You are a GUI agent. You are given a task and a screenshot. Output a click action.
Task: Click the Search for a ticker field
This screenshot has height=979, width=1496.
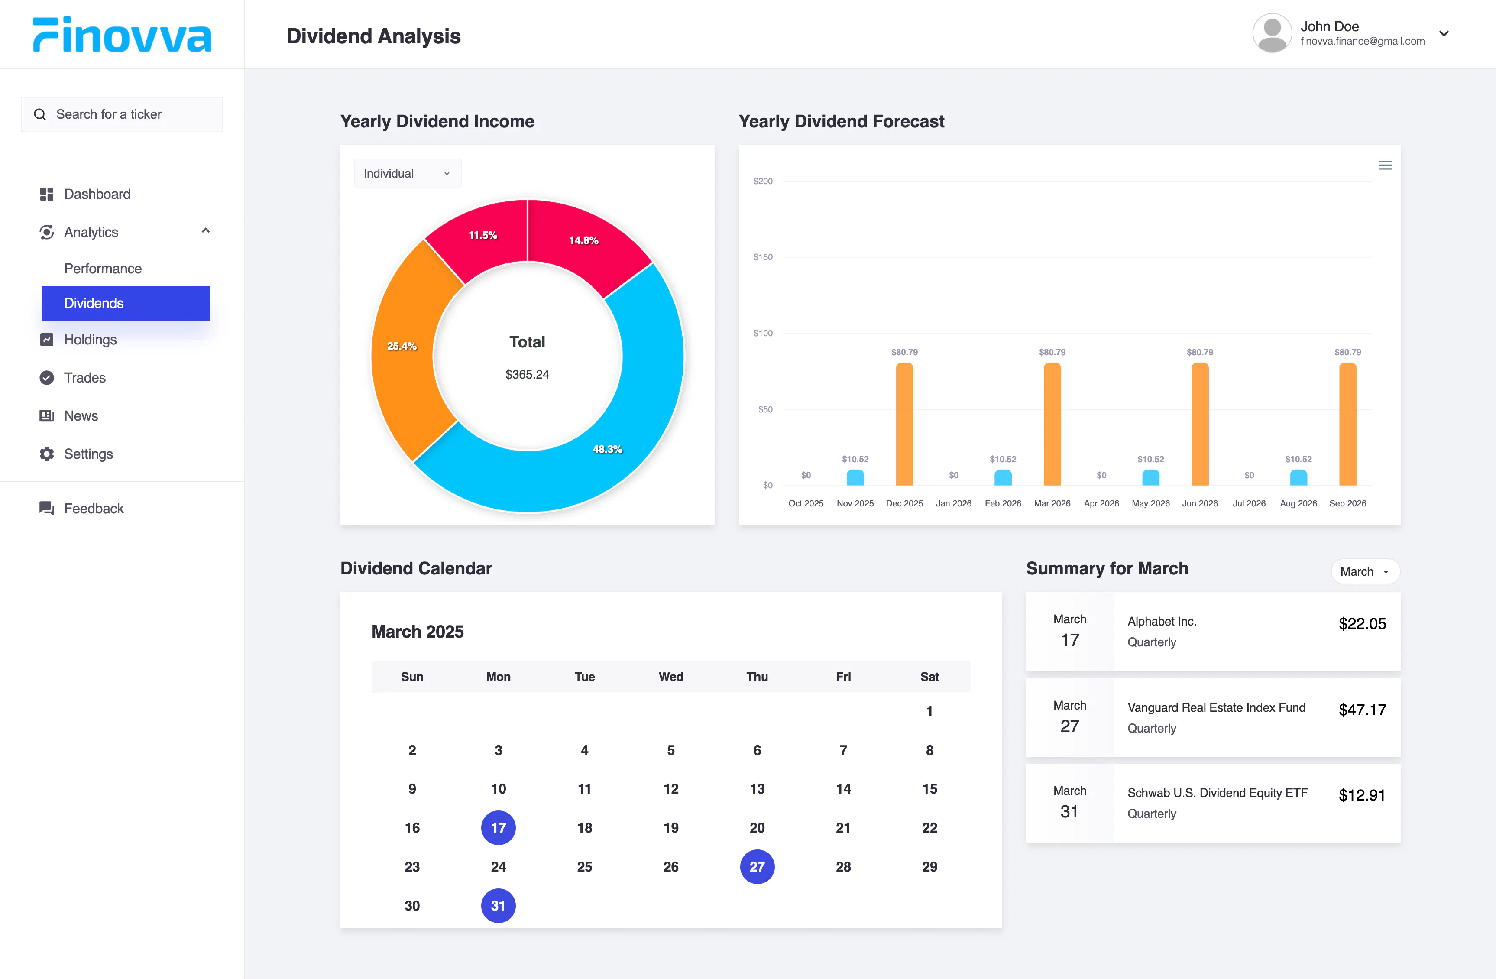click(122, 114)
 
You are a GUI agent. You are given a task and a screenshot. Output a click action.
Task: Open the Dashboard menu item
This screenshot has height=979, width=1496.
click(97, 194)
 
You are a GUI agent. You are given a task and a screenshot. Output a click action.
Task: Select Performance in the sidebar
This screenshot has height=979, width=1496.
click(103, 269)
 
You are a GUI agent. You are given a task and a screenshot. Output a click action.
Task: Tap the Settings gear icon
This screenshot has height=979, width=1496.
click(46, 454)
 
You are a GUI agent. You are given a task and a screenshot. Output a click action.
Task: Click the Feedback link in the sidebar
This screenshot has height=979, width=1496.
click(94, 508)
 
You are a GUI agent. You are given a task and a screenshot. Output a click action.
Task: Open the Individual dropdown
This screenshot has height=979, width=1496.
click(407, 174)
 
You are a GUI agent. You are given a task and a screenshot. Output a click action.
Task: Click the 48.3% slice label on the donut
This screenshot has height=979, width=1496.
click(607, 449)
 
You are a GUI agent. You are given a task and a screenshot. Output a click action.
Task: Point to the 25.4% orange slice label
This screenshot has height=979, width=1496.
click(402, 346)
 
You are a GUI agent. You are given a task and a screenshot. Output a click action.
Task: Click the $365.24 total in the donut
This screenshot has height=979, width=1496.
click(528, 374)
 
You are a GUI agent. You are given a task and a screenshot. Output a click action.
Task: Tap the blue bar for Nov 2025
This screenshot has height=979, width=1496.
click(855, 477)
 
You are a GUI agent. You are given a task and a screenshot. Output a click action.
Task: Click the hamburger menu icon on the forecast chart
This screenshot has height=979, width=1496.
click(1386, 165)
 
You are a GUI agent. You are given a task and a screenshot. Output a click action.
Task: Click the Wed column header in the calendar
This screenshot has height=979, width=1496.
click(670, 677)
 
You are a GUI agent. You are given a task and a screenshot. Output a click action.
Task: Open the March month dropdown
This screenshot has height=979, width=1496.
click(1365, 571)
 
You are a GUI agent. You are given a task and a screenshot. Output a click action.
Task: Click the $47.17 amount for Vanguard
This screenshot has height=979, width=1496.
click(1362, 710)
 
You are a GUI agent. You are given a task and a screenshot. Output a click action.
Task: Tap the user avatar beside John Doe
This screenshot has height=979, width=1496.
click(1272, 33)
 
